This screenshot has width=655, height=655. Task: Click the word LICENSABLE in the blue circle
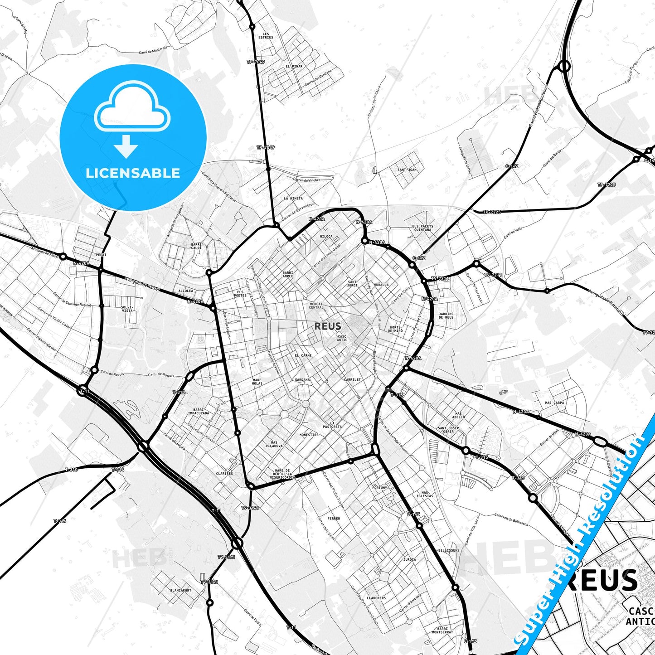(x=133, y=173)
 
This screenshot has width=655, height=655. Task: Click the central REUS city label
(x=327, y=326)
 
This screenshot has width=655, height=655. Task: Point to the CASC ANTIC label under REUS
(x=342, y=338)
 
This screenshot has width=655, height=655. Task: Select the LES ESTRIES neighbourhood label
(x=266, y=36)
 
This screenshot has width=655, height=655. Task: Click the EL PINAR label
(x=294, y=67)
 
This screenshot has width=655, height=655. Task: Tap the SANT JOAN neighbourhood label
(x=407, y=170)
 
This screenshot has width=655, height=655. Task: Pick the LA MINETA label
(x=293, y=199)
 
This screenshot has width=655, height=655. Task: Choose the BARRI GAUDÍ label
(x=196, y=246)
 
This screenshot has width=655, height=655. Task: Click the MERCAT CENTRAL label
(x=316, y=306)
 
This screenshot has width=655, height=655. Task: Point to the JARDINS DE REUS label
(x=446, y=315)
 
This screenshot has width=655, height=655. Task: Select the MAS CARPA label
(x=554, y=403)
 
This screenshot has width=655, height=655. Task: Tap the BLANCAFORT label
(x=180, y=591)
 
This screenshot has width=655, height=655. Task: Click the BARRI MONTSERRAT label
(x=442, y=631)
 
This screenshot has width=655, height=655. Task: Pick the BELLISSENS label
(x=448, y=550)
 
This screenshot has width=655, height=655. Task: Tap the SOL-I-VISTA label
(x=127, y=309)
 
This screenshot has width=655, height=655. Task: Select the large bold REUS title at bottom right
(x=605, y=581)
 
